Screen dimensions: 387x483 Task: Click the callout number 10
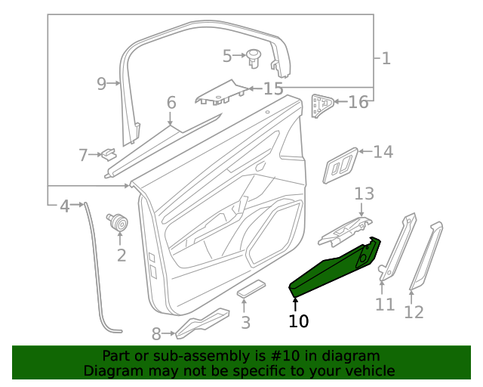coord(299,321)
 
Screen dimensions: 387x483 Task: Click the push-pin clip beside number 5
coord(254,57)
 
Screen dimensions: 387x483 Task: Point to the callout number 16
coord(358,101)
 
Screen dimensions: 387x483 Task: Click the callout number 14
coord(383,152)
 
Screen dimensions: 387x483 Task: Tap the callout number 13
coord(365,194)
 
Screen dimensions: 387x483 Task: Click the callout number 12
coord(414,311)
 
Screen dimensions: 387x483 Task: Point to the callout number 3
coord(245,324)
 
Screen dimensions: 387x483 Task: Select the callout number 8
coord(157,333)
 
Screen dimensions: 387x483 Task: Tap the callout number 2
coord(121,255)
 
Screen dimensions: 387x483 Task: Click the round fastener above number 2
coord(118,223)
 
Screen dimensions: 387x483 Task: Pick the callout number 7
coord(83,156)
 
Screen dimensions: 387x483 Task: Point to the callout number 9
coord(102,83)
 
